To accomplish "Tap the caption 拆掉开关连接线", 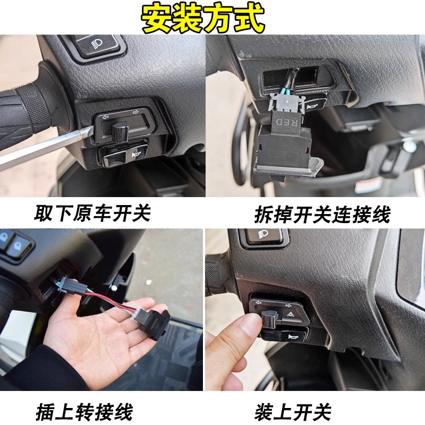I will tap(322, 214).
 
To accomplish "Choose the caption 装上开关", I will tap(293, 411).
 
